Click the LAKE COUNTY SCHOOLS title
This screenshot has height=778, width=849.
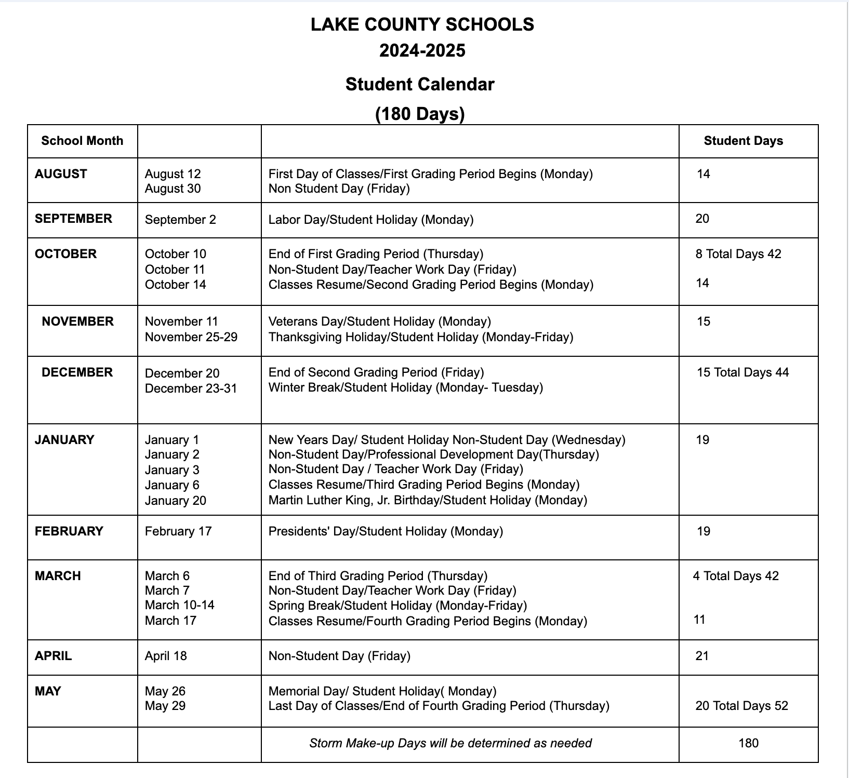[422, 24]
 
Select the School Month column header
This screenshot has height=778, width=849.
[82, 141]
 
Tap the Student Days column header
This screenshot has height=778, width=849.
[743, 141]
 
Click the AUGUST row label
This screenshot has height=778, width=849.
[61, 174]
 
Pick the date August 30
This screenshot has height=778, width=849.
[173, 189]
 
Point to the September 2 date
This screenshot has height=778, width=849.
[180, 220]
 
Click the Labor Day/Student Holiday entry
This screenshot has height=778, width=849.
[370, 220]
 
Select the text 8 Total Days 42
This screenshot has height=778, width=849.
[738, 254]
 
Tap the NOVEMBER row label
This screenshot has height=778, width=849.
[77, 321]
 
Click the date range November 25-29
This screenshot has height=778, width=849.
[191, 337]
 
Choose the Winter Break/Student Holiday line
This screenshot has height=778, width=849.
[405, 387]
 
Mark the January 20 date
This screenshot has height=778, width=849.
[175, 501]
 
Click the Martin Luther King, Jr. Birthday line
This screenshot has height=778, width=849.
[427, 500]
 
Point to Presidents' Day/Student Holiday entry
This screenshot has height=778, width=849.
[385, 531]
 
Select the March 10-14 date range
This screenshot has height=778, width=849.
[179, 605]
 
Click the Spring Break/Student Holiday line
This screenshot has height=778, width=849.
[397, 606]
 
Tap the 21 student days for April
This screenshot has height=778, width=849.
[701, 656]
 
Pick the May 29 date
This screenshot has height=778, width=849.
[165, 706]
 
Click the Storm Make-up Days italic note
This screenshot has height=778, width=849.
[450, 743]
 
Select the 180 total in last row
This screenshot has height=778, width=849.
[748, 743]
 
